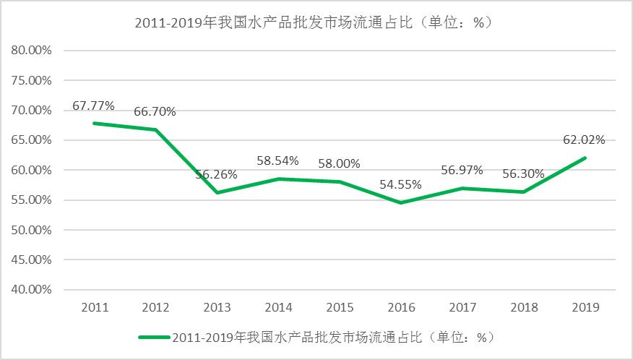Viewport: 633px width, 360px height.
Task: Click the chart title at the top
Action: tap(314, 22)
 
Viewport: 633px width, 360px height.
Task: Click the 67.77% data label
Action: tap(94, 106)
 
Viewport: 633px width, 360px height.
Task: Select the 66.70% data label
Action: tap(155, 112)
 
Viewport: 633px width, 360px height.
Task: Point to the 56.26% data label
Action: tap(217, 175)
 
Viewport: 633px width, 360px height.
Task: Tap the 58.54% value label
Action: tap(278, 161)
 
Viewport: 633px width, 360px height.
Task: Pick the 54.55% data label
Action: tap(401, 185)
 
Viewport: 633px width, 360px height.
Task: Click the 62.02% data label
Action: tap(585, 140)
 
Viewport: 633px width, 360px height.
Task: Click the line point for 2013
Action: tap(217, 192)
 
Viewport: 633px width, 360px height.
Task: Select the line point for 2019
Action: tap(585, 158)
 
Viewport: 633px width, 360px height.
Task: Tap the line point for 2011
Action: tap(95, 123)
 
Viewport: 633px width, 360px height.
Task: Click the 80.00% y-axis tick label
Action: tap(32, 51)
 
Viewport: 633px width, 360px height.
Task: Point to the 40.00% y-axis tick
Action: tap(32, 289)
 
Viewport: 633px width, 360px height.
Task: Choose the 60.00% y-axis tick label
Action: tap(32, 170)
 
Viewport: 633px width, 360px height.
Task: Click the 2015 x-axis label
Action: tap(340, 307)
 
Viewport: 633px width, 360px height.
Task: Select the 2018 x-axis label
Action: tap(524, 307)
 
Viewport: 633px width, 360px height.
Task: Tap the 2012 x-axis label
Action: tap(155, 307)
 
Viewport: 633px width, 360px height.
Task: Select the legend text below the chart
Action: tap(332, 337)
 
